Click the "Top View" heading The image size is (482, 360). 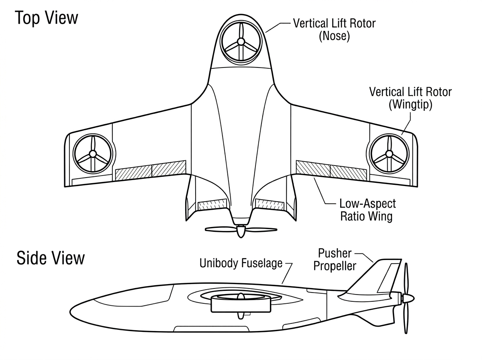tap(46, 18)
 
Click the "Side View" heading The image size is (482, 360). tap(51, 258)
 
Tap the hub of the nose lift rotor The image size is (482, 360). tap(241, 41)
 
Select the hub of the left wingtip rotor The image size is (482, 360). tap(93, 153)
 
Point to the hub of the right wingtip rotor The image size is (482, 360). tap(389, 153)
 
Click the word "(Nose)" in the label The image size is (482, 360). tap(334, 36)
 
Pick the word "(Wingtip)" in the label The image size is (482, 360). tap(411, 104)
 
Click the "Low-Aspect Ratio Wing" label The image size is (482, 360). tap(368, 210)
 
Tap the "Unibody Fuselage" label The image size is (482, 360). tap(241, 263)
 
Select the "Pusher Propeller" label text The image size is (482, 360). tap(335, 260)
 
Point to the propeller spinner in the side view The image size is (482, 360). tap(408, 298)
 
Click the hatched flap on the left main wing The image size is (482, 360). tap(151, 171)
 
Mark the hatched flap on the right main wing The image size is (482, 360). tap(331, 171)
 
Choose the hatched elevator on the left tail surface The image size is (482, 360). tap(212, 204)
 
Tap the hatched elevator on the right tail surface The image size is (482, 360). tap(270, 204)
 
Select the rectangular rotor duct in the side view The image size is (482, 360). tap(241, 304)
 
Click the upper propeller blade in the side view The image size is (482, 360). tap(406, 278)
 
